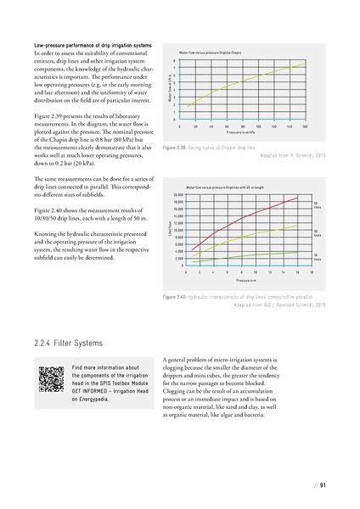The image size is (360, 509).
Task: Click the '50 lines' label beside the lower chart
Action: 316,204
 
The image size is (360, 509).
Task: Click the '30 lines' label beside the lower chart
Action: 316,232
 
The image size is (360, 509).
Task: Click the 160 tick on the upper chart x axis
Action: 304,126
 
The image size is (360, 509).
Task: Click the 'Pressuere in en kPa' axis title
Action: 240,133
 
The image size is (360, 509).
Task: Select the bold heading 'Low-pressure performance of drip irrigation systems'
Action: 93,44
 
